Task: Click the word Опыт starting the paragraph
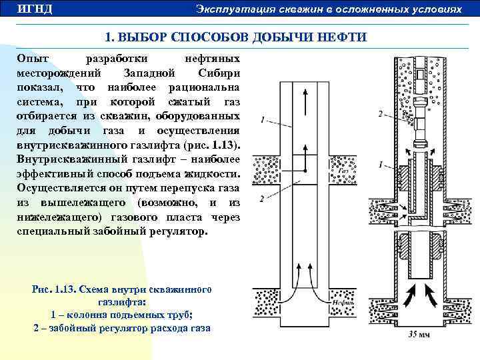[32, 59]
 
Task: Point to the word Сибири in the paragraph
[219, 73]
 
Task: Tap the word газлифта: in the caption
[121, 303]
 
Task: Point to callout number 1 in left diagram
[263, 120]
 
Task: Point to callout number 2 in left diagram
[263, 198]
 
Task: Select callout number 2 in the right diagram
[380, 114]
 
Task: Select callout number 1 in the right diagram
[380, 163]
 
